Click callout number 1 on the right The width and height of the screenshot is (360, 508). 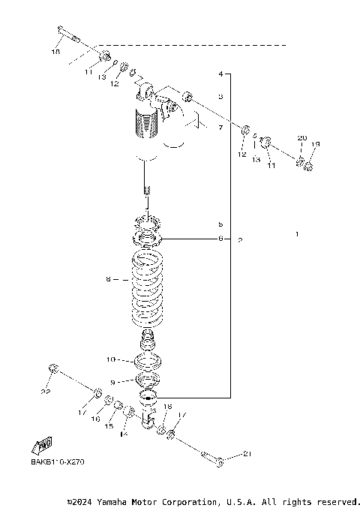tap(297, 234)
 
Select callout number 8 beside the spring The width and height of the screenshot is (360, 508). tap(108, 279)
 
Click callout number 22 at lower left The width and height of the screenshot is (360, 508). tap(46, 392)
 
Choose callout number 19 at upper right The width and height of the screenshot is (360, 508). tap(316, 144)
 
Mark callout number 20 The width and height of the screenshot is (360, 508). tap(302, 138)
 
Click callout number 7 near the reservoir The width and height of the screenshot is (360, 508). tap(220, 128)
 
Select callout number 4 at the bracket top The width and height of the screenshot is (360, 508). tap(220, 74)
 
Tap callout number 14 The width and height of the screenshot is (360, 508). tap(123, 434)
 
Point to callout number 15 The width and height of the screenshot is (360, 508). tap(108, 426)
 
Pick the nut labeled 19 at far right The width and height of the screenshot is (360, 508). tap(307, 165)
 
